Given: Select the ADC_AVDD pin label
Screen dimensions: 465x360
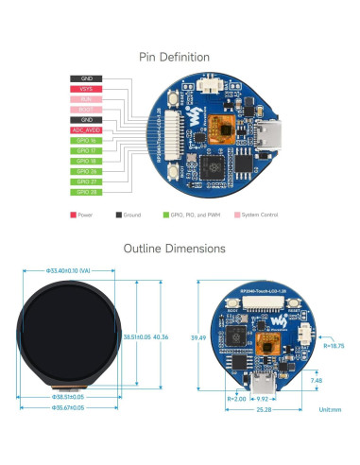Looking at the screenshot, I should (x=86, y=129).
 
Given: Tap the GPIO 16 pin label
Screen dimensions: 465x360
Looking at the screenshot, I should (x=86, y=140).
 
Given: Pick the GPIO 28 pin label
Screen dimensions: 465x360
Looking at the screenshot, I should (x=86, y=192).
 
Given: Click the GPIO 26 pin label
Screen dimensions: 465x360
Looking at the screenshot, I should (x=86, y=171).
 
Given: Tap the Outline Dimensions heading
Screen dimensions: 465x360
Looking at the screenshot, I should (x=180, y=249).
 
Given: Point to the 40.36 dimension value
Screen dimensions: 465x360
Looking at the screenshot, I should (x=162, y=336).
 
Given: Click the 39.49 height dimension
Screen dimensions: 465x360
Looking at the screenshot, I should (x=197, y=336).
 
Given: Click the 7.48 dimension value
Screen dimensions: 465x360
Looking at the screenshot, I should (x=316, y=381).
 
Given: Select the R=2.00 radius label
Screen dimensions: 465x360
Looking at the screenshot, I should (x=235, y=398).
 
